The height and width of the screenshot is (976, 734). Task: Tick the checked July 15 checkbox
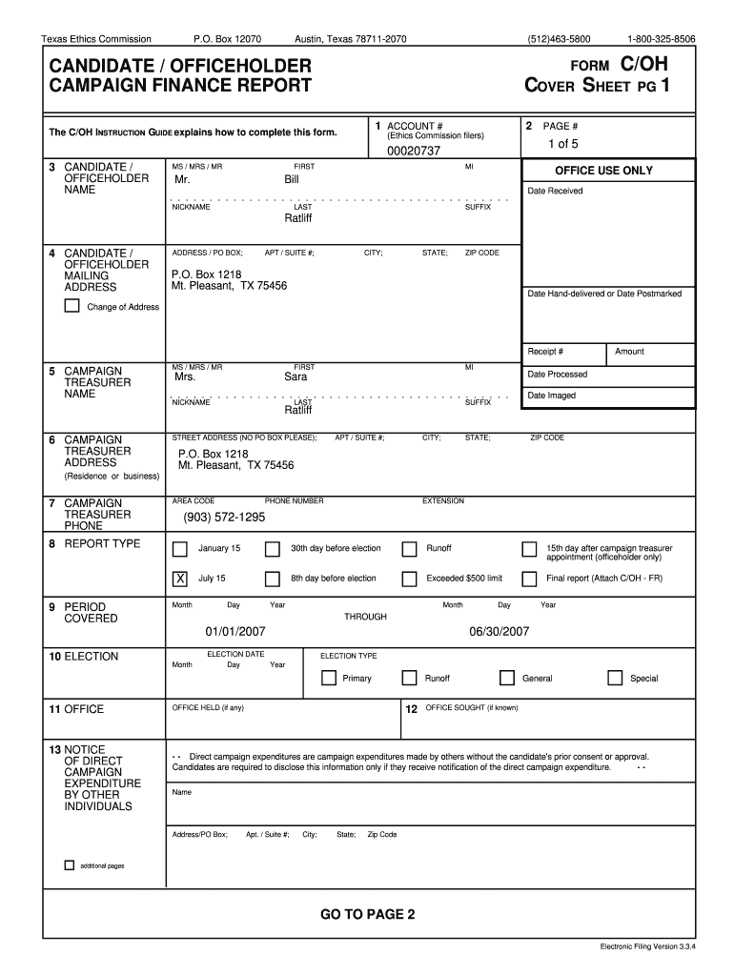coord(179,579)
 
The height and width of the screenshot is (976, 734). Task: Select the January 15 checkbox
coord(179,549)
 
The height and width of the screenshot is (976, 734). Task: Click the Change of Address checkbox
coord(71,306)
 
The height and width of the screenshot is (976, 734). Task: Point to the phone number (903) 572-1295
coord(224,518)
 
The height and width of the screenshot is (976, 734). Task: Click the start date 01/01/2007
coord(234,631)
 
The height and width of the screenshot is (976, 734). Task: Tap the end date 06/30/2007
coord(499,631)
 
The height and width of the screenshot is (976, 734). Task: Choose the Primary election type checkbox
coord(329,679)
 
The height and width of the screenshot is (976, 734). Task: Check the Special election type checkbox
coord(615,679)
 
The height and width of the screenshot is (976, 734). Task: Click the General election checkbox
coord(507,679)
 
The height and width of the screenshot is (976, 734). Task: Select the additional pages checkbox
coord(69,865)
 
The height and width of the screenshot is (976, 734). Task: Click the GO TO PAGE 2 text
coord(367,915)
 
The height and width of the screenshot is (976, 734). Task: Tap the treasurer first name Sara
coord(296,376)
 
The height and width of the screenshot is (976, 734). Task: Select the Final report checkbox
coord(529,579)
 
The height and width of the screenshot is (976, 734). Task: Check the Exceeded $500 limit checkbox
coord(409,579)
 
